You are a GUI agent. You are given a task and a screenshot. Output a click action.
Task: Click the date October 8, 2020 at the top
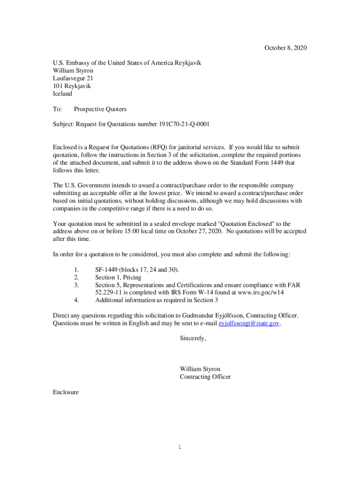(286, 48)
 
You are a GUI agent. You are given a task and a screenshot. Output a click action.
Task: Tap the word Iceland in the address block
(63, 94)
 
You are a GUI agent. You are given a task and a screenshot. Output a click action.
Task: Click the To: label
(58, 109)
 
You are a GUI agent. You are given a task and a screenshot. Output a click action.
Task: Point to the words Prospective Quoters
(100, 109)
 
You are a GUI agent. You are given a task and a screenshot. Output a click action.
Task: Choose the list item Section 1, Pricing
(118, 277)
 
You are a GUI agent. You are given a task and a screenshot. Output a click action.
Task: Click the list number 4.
(76, 300)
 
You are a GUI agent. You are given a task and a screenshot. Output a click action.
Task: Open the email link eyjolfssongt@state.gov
(250, 323)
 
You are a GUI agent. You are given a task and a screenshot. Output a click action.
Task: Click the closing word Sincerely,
(193, 338)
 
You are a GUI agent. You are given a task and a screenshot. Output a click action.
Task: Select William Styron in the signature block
(200, 369)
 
